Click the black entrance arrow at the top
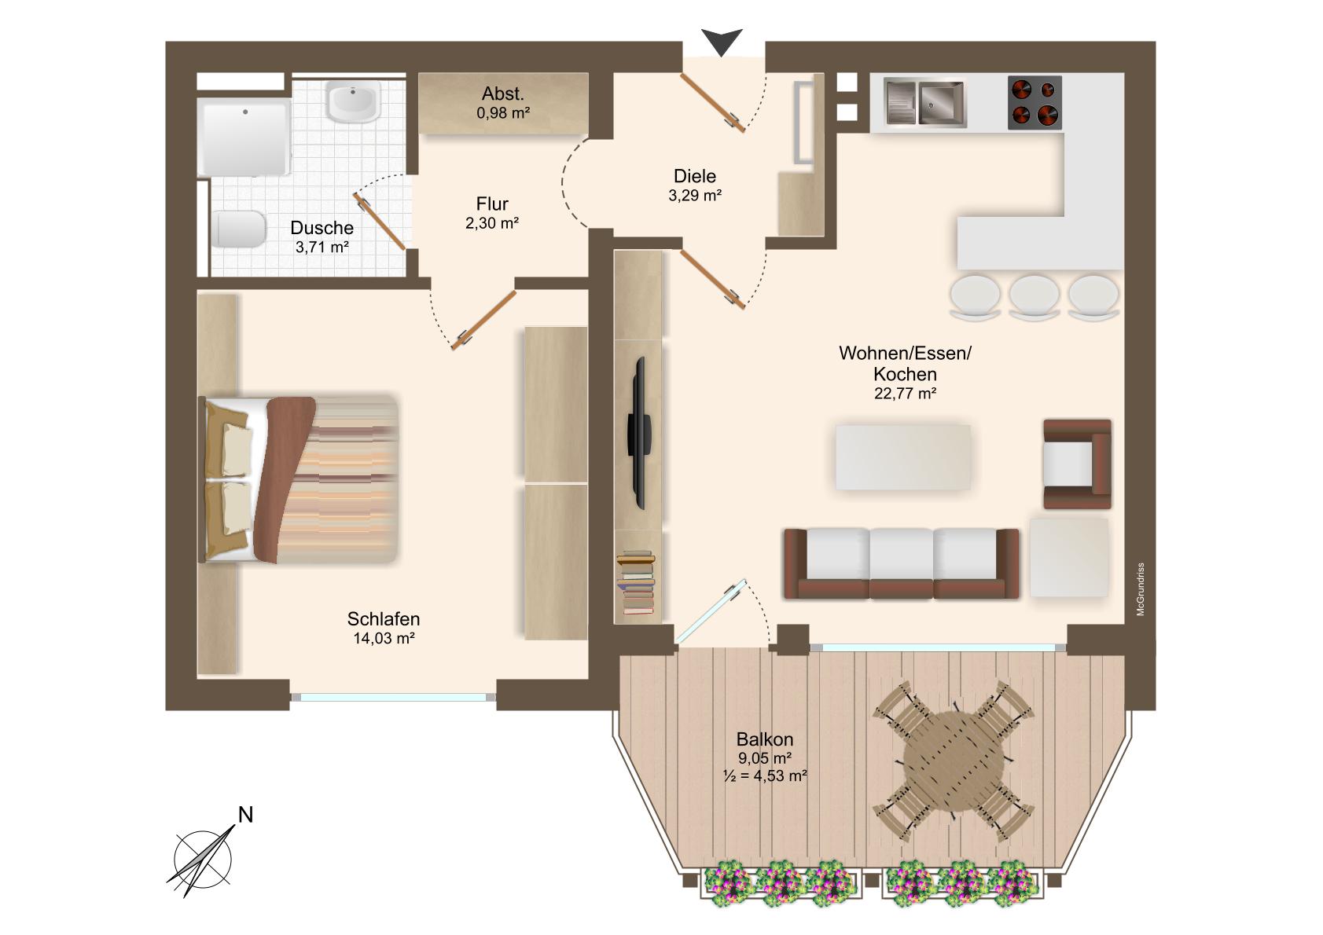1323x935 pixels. click(722, 42)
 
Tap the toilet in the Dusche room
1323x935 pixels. click(239, 229)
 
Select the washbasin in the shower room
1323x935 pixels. click(353, 101)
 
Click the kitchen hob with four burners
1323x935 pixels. click(1035, 102)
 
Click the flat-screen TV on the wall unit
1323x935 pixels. click(639, 433)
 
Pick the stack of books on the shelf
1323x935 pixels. click(636, 582)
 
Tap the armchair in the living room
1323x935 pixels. click(1077, 464)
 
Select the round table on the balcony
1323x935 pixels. click(954, 761)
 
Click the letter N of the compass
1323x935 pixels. click(245, 815)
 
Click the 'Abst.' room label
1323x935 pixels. click(502, 93)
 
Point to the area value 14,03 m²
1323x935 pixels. click(384, 638)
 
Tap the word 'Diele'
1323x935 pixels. click(695, 176)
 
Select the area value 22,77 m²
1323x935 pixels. click(905, 393)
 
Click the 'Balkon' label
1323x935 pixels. click(764, 739)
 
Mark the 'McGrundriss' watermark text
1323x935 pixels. click(1141, 590)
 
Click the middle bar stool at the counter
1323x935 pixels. click(1034, 298)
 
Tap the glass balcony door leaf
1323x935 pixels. click(711, 611)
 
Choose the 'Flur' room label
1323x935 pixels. click(492, 203)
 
